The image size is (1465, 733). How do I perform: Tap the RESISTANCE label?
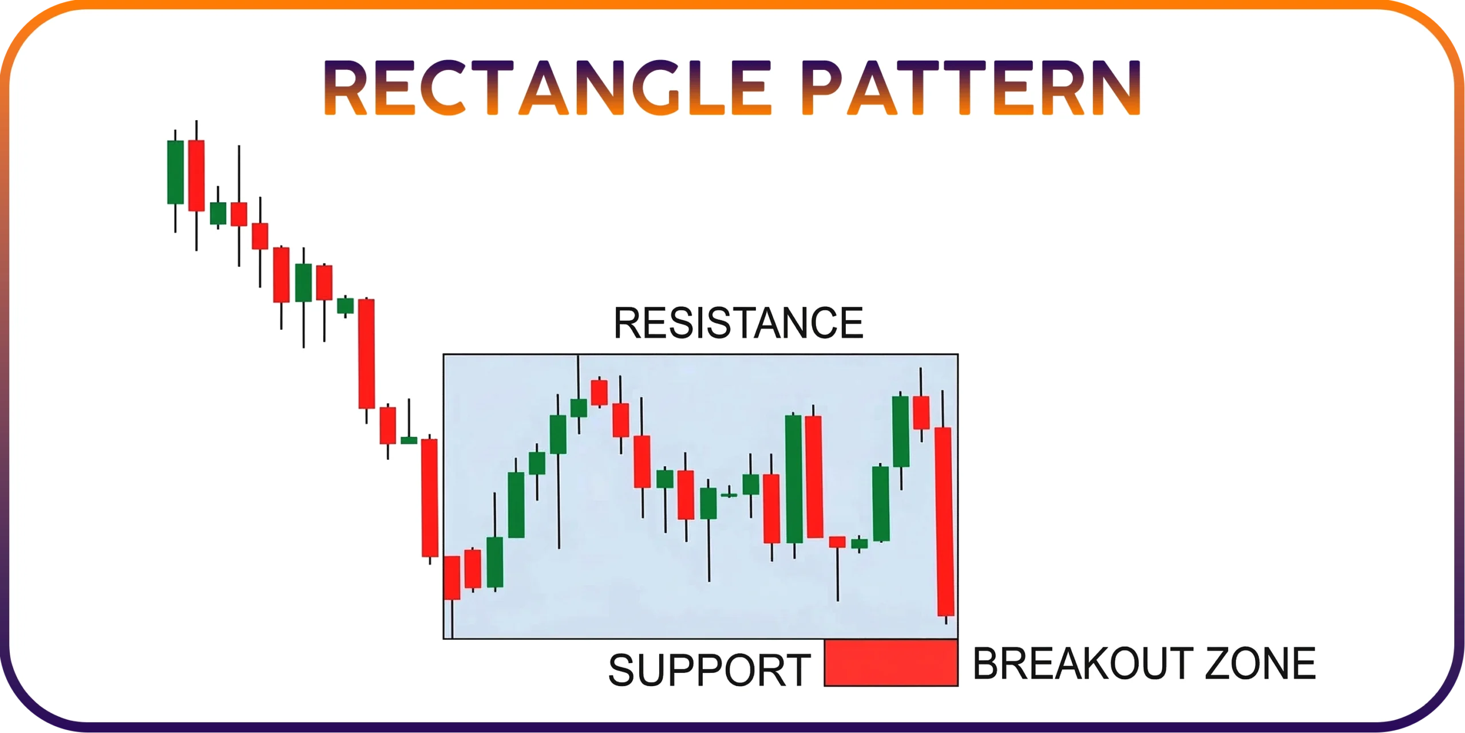738,323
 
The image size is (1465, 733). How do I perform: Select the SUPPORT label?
710,670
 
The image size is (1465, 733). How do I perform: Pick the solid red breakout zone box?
891,663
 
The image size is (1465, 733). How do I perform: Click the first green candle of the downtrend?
175,172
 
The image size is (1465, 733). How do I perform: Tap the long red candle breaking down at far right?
945,521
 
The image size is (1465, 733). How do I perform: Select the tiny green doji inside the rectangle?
728,494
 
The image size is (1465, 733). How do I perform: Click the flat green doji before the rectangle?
409,440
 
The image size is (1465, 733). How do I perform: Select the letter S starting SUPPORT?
622,670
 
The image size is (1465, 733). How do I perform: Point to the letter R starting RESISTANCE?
628,323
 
